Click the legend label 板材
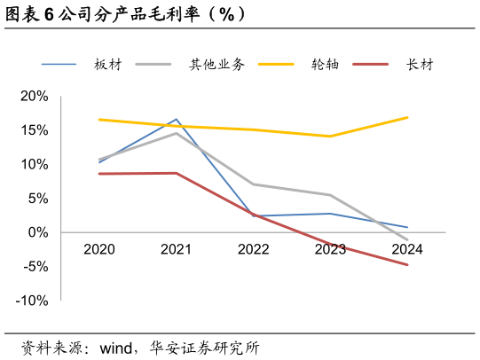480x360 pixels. click(x=107, y=65)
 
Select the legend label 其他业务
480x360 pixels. click(x=216, y=65)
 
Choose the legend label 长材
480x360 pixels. click(x=420, y=65)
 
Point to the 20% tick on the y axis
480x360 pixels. click(x=34, y=96)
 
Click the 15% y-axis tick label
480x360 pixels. click(x=34, y=130)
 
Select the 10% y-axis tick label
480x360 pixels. click(x=34, y=164)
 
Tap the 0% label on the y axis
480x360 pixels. click(x=37, y=232)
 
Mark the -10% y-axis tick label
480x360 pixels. click(x=31, y=301)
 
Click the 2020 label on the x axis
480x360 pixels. click(x=99, y=249)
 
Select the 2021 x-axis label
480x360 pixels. click(x=176, y=249)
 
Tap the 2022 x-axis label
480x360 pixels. click(x=253, y=249)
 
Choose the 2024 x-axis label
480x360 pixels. click(x=407, y=249)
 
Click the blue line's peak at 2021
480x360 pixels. click(x=177, y=119)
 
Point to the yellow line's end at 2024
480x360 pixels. click(x=407, y=117)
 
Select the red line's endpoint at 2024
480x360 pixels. click(x=407, y=264)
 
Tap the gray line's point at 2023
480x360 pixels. click(x=330, y=195)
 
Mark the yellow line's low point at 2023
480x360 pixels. click(x=330, y=137)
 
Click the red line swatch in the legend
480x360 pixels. click(x=371, y=65)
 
